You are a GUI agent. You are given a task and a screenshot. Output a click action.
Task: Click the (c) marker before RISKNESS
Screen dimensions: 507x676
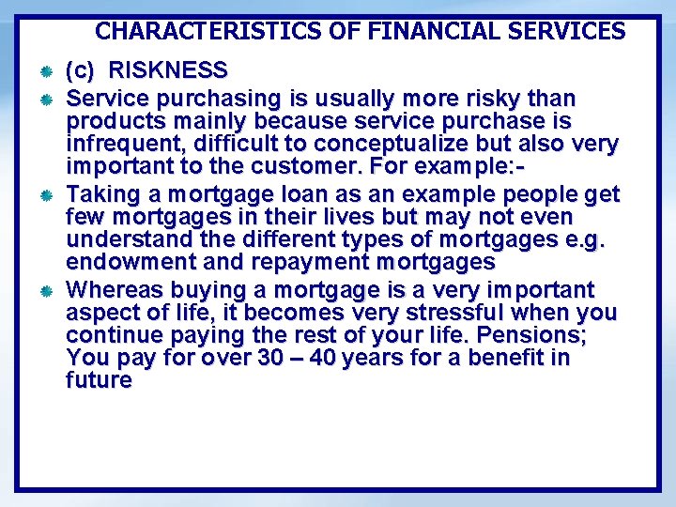click(x=81, y=70)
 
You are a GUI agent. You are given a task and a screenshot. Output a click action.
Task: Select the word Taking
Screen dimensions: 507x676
click(x=101, y=194)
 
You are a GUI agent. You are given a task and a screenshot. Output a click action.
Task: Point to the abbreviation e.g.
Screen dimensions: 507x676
click(x=584, y=240)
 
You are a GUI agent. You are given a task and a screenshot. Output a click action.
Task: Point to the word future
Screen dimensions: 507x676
click(x=100, y=380)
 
